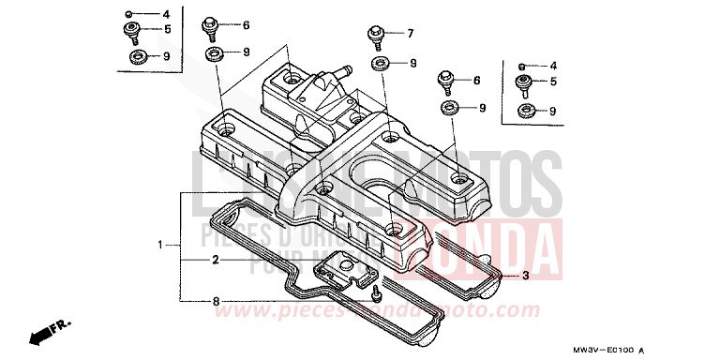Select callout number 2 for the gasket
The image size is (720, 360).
215,259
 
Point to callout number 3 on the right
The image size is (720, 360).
526,276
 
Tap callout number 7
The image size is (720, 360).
410,34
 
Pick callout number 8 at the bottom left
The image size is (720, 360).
215,302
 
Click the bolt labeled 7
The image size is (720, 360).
375,37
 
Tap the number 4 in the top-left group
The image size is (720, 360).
166,15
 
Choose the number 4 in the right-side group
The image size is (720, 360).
553,66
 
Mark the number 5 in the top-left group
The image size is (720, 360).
166,30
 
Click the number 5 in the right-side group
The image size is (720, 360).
553,82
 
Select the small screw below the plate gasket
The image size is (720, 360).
375,295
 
